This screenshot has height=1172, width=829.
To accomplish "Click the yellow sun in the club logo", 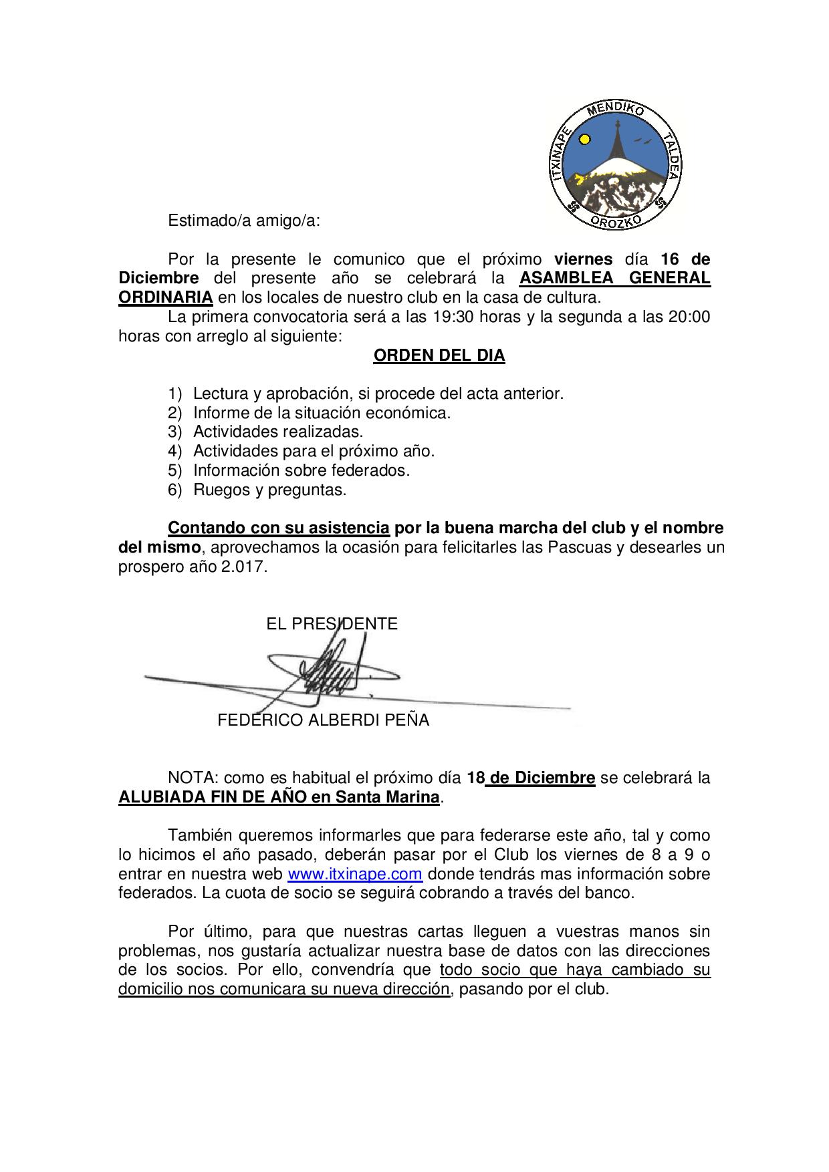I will [585, 140].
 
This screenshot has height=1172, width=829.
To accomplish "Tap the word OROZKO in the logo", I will [617, 221].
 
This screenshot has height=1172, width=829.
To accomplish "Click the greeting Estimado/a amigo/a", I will [244, 221].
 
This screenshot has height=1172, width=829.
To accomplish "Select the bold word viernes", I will [583, 259].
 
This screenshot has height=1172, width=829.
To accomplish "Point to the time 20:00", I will [689, 317].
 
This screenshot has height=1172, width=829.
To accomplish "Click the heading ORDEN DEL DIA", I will [439, 355].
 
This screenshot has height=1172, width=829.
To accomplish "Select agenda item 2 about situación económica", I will [322, 413].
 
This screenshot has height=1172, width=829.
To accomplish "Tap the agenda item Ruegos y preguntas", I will [269, 490].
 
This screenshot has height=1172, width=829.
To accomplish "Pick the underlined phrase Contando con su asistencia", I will [278, 528].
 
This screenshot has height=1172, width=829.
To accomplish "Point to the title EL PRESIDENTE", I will [332, 624].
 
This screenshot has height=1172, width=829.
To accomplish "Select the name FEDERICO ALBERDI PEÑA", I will [323, 720].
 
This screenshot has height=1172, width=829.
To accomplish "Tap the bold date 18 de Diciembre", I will [531, 778].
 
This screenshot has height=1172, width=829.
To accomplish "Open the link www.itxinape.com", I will [354, 874].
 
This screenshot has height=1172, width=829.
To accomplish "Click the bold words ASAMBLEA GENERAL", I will [615, 278].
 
